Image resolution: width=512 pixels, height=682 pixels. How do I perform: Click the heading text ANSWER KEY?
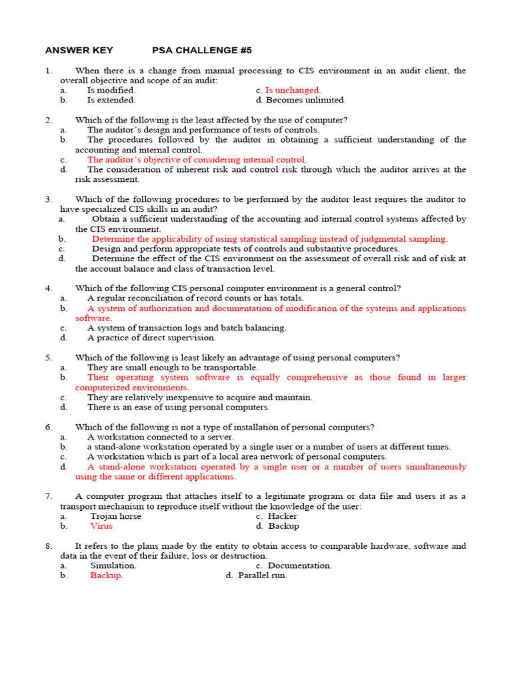79,51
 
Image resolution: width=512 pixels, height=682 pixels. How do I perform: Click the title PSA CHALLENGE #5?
202,51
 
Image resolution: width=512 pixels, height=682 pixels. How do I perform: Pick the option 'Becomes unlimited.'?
305,100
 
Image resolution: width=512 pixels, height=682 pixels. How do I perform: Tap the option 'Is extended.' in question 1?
111,100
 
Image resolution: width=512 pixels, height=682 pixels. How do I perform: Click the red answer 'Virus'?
101,526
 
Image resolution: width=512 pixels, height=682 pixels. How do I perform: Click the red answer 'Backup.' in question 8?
107,575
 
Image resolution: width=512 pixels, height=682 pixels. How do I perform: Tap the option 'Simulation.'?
113,565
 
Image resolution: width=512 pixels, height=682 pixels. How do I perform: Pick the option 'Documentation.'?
299,565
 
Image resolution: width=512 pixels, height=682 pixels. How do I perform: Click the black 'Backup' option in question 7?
283,526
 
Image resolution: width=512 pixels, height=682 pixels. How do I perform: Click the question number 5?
49,358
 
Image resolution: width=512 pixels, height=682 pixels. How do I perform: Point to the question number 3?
49,199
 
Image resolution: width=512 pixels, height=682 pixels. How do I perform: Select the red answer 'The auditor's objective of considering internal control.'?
197,160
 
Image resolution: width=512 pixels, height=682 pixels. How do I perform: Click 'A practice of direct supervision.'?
151,338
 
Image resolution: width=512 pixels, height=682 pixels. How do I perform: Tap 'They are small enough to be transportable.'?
172,368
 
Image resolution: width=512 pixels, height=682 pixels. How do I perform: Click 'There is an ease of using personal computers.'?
178,407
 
